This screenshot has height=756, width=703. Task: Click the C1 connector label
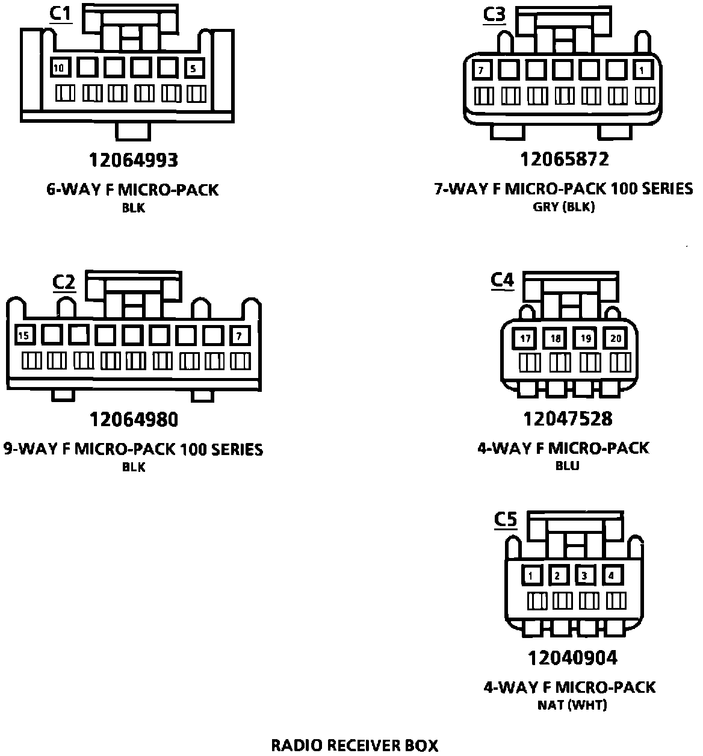click(x=60, y=13)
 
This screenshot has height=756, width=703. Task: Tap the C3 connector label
click(x=495, y=14)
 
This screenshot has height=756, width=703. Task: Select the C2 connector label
click(x=64, y=281)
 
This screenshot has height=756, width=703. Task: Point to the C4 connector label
click(x=503, y=280)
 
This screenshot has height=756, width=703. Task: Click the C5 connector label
click(x=506, y=519)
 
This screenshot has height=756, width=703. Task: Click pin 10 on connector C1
click(x=59, y=69)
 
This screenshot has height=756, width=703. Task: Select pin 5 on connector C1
click(x=193, y=69)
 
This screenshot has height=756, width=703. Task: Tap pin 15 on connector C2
click(x=23, y=335)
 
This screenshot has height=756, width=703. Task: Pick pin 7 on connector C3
click(x=481, y=70)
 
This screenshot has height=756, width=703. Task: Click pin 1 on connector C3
click(x=642, y=70)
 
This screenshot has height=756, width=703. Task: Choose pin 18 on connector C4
click(x=556, y=338)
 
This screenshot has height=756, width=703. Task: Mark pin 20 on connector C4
click(x=616, y=338)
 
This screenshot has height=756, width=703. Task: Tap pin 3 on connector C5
click(x=584, y=576)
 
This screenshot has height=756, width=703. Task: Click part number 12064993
click(x=134, y=160)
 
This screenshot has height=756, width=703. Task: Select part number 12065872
click(x=565, y=159)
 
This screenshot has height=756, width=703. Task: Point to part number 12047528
click(x=568, y=418)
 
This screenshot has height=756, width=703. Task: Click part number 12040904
click(x=572, y=658)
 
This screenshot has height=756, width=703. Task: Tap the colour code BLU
click(x=568, y=466)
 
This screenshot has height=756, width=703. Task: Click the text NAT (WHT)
click(x=572, y=705)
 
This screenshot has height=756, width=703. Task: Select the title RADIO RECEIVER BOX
click(x=355, y=746)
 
